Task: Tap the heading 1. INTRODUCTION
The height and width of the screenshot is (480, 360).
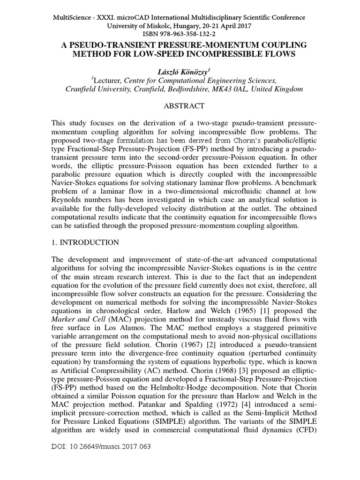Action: (85, 242)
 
